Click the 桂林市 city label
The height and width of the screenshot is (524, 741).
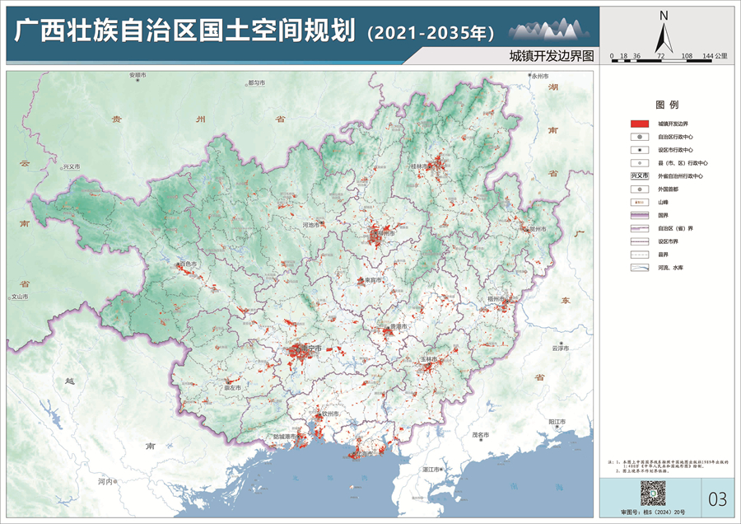tap(421, 166)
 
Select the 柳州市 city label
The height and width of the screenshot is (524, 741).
tap(381, 233)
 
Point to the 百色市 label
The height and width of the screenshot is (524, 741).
tap(189, 264)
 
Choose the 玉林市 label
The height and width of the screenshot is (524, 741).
tap(429, 360)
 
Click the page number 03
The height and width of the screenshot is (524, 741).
tap(718, 498)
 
